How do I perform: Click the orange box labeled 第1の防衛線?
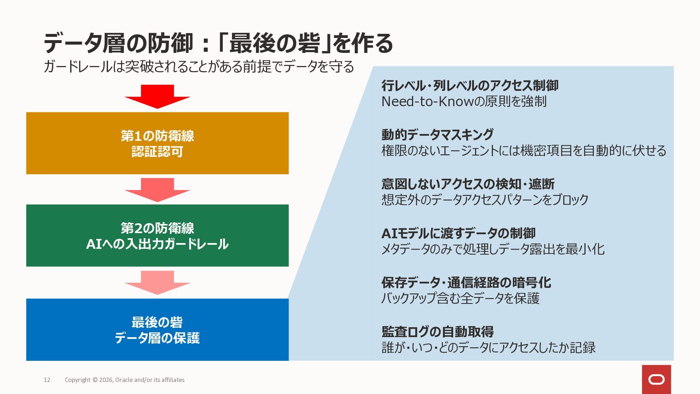157,143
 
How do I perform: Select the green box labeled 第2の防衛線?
157,235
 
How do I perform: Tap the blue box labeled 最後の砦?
157,329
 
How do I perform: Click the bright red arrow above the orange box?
157,96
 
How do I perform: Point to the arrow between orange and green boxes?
157,189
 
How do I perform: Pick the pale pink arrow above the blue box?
157,282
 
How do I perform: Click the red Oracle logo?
656,379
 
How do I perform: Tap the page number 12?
47,380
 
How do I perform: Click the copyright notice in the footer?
125,380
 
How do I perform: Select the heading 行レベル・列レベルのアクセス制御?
470,86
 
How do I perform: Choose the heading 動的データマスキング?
437,135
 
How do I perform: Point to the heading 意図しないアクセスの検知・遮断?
468,184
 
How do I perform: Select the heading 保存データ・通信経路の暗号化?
466,282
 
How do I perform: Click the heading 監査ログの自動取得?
437,332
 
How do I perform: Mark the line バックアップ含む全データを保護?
460,298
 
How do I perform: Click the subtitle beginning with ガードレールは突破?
199,67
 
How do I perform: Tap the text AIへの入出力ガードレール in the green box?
157,244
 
